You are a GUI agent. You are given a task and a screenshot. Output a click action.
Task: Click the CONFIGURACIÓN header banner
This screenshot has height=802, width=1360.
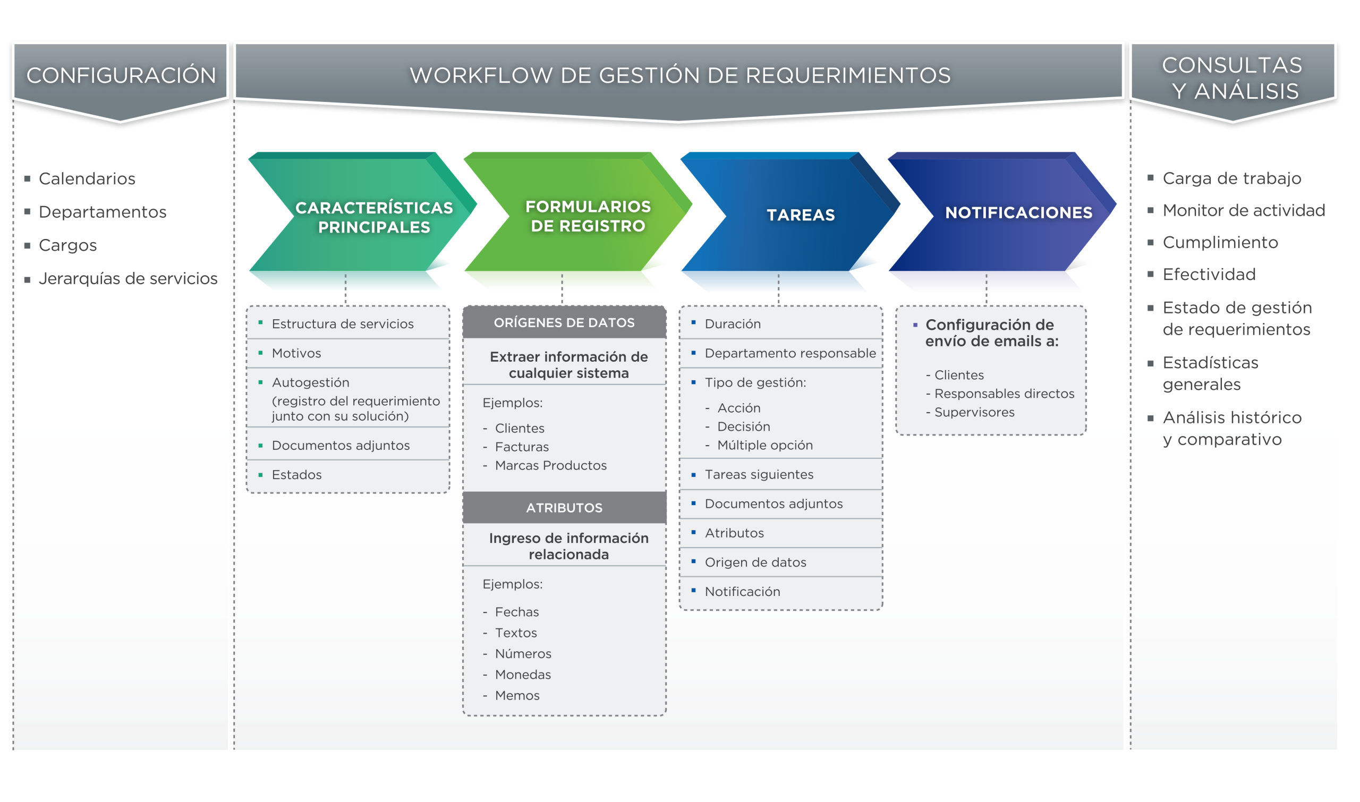coord(121,75)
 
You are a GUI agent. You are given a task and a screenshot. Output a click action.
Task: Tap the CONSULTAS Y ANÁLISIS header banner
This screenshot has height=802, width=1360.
coord(1232,79)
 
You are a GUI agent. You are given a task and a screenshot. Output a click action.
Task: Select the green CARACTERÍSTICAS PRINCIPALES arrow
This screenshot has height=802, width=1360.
coord(373,217)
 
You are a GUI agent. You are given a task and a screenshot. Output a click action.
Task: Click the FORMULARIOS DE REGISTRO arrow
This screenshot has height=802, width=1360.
coord(588,216)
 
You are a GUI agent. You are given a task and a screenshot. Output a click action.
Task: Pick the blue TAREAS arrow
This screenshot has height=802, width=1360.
coord(800,215)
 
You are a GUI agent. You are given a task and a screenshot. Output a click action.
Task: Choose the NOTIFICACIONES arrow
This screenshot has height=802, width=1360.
coord(1018,213)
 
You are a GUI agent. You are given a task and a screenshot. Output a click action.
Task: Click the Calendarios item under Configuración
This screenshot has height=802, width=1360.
coord(87,179)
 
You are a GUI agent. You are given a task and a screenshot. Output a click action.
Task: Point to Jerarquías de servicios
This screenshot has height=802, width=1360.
coord(127,279)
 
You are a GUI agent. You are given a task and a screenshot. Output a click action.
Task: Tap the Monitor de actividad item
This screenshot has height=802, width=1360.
coord(1243,210)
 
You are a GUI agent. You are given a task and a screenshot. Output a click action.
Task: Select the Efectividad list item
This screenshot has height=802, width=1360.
coord(1209,275)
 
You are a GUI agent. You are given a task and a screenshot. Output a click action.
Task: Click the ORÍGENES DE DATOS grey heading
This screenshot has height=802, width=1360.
coord(564,322)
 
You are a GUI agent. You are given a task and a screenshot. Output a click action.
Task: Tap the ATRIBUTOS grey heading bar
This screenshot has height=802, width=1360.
coord(564,508)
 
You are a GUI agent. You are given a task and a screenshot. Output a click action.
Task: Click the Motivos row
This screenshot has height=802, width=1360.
coord(296,353)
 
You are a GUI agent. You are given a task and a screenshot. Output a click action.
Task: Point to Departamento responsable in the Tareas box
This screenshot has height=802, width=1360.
coord(790,353)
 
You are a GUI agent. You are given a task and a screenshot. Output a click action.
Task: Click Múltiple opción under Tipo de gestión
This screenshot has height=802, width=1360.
coord(764,445)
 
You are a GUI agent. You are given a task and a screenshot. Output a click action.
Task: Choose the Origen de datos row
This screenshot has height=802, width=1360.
coord(755,562)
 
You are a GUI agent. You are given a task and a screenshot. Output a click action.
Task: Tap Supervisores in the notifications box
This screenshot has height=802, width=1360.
coord(974,412)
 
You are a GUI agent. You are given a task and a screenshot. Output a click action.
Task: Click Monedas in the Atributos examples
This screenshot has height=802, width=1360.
coord(523,675)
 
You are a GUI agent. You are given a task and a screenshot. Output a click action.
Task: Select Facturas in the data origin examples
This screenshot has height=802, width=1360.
coord(522,447)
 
